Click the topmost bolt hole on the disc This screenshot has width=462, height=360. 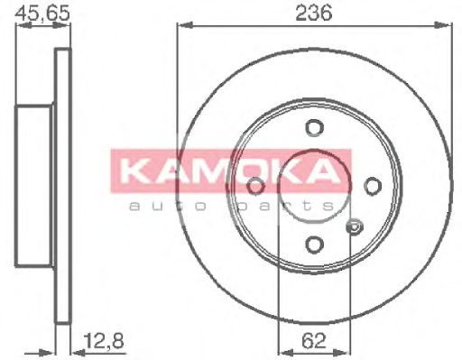(x=313, y=127)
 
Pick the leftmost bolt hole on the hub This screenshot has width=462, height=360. (x=255, y=186)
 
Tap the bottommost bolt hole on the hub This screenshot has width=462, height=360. (x=313, y=244)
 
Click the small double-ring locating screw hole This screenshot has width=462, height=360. (x=354, y=226)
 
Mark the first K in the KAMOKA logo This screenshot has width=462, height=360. (x=132, y=171)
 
